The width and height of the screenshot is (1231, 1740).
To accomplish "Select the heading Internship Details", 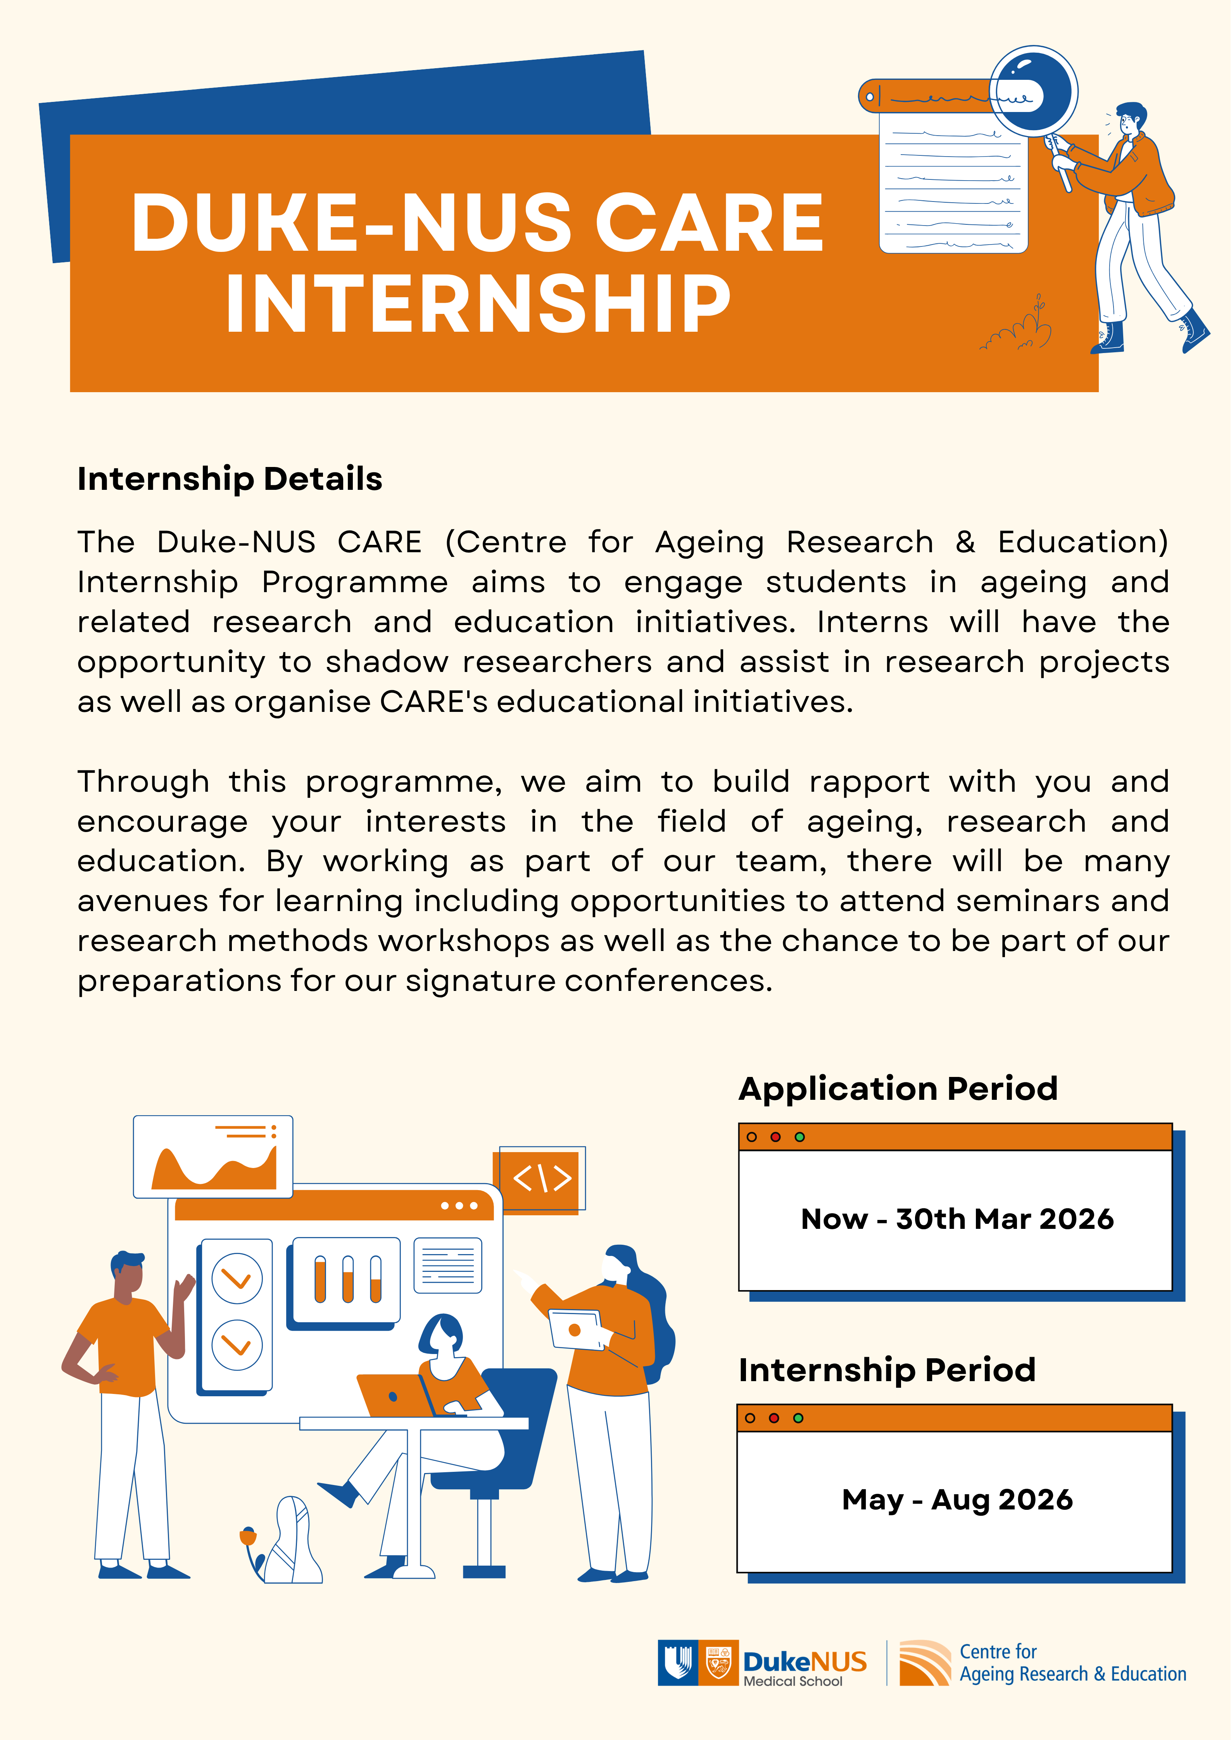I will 230,479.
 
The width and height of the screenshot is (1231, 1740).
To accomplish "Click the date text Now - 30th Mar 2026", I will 956,1219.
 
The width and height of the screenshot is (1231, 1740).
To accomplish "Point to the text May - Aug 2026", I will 956,1499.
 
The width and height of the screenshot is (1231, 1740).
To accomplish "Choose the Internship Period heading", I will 887,1370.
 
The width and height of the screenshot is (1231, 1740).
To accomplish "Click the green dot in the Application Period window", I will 799,1137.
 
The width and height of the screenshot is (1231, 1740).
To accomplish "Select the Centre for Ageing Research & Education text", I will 1072,1663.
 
